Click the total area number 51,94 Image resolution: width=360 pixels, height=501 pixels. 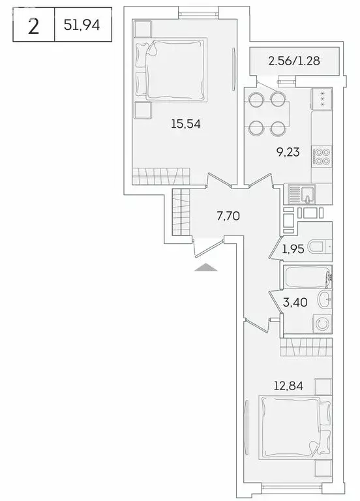[x=83, y=27]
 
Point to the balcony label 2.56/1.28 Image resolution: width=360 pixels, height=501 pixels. [x=294, y=63]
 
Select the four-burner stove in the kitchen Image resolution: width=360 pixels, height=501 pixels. [x=322, y=157]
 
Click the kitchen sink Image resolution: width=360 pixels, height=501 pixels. [x=302, y=194]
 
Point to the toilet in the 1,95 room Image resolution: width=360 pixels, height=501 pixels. [x=319, y=247]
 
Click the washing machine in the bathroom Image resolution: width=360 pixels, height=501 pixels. [x=322, y=324]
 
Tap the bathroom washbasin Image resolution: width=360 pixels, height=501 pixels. [x=323, y=300]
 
